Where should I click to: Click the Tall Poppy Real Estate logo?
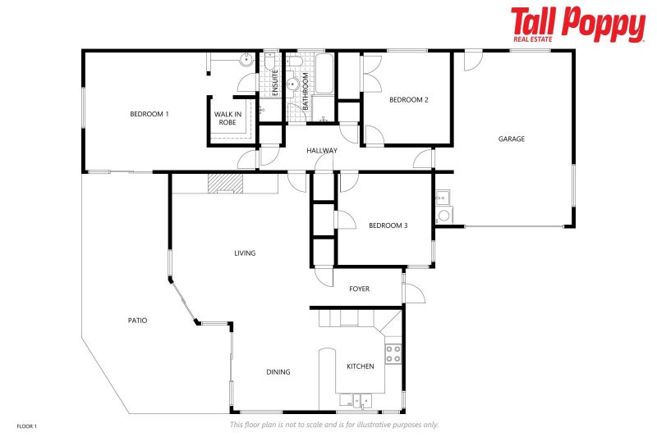577,24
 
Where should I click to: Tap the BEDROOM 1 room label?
149,114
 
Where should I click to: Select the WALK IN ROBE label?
227,118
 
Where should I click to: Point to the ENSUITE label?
275,84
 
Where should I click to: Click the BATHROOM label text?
305,92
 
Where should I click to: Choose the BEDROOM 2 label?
409,100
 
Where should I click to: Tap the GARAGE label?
511,139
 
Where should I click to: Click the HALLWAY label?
322,151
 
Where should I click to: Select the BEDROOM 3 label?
388,225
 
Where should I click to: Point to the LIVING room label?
245,253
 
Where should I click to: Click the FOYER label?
359,289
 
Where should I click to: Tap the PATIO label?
137,321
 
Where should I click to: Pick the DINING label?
278,372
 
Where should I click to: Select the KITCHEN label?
361,366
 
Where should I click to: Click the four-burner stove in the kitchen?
393,353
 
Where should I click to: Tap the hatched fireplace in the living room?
224,184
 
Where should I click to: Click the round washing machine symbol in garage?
444,216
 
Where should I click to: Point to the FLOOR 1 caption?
27,426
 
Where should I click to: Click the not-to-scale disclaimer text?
333,425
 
